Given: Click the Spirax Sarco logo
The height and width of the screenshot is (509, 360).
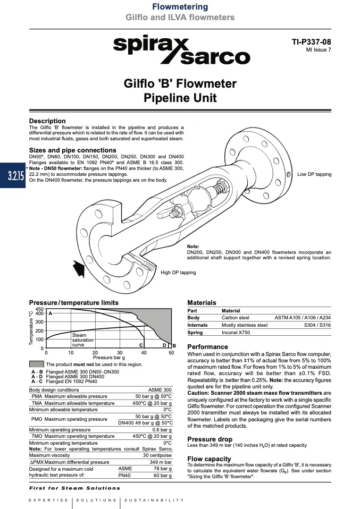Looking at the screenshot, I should click(181, 50).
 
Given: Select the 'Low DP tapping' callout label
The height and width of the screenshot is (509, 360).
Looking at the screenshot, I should click(314, 174).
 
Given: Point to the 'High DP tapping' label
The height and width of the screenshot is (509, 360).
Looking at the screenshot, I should click(178, 273).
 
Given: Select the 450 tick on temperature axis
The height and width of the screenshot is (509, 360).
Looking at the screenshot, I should click(39, 309).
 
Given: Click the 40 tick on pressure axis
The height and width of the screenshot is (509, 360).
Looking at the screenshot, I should click(145, 353).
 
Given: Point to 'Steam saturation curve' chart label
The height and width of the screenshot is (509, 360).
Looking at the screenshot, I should click(79, 340).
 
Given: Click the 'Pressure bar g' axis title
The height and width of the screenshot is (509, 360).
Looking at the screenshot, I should click(108, 358).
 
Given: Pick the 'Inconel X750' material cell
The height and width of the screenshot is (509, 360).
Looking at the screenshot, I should click(236, 333).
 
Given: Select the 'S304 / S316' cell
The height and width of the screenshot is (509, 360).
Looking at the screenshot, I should click(317, 325).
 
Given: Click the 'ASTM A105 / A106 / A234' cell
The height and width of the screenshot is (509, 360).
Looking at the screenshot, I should click(302, 318).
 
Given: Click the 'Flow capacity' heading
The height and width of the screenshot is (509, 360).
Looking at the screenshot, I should click(209, 459).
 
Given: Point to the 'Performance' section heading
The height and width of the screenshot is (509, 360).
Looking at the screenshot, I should click(207, 347).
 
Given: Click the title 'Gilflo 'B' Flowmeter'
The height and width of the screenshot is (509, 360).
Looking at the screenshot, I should click(180, 84).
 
